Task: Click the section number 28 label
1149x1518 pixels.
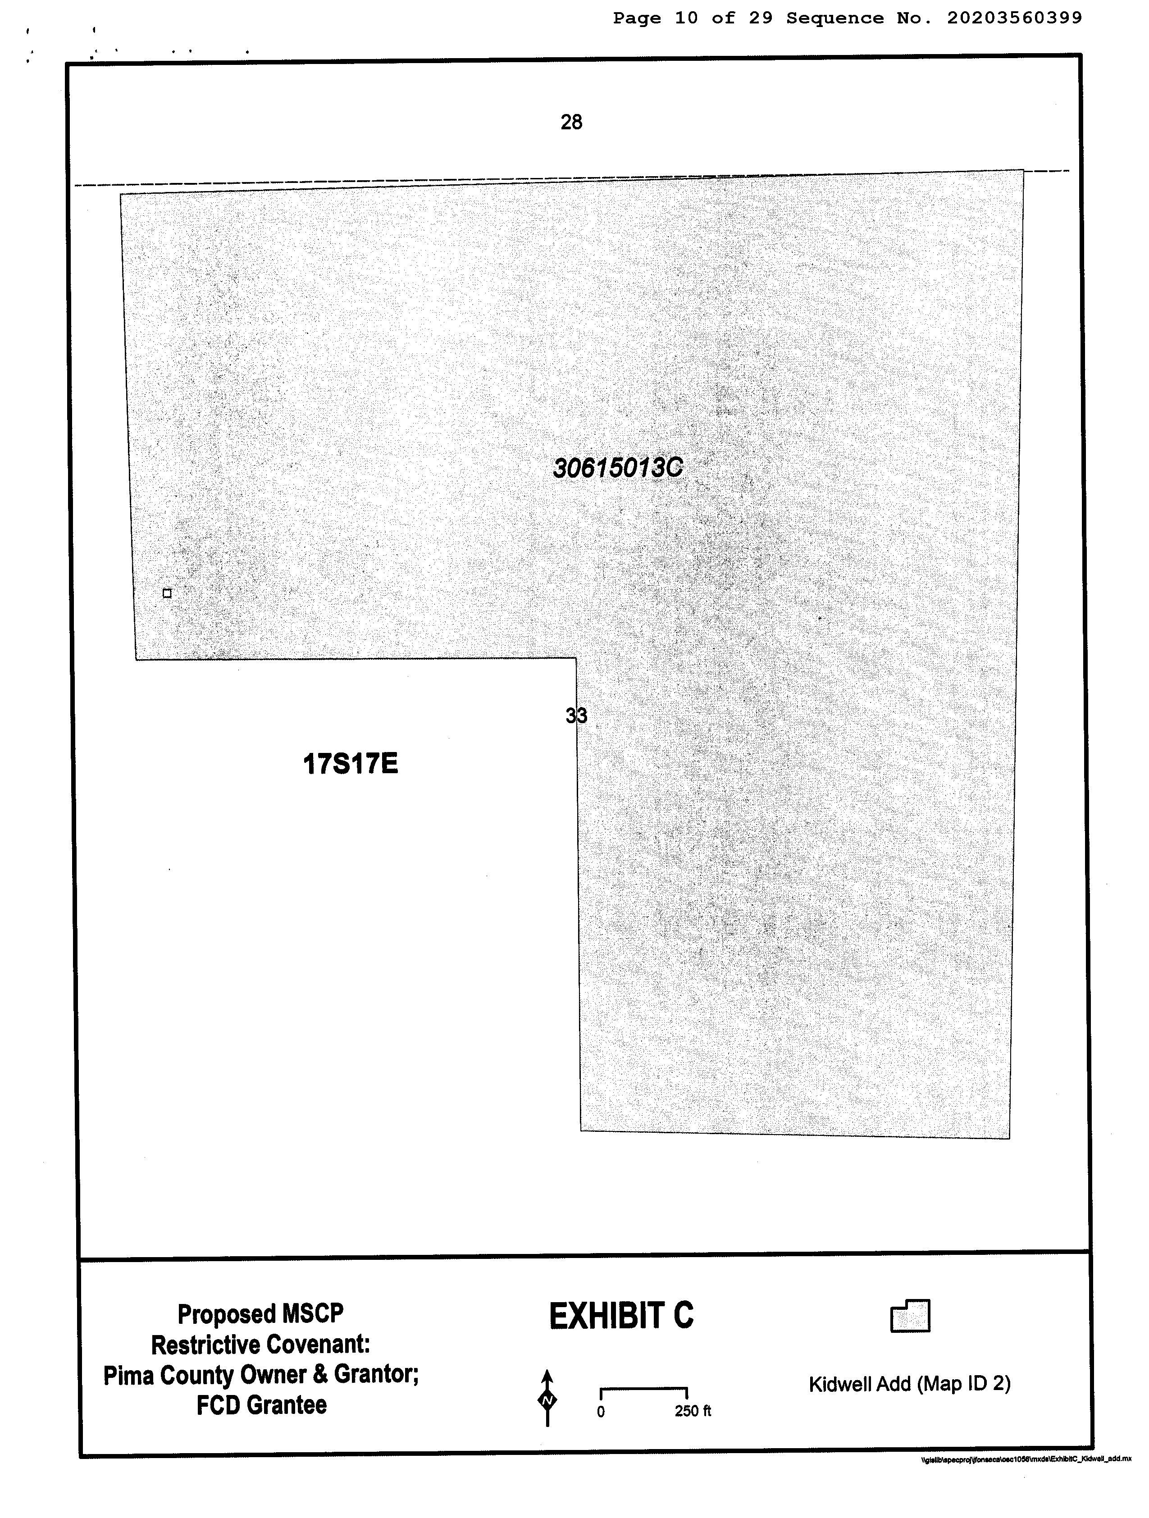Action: tap(571, 122)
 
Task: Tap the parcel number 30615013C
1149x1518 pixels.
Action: tap(618, 468)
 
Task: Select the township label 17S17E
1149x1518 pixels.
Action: tap(350, 763)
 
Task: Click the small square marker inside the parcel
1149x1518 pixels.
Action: tap(167, 593)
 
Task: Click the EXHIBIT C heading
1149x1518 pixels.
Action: tap(621, 1316)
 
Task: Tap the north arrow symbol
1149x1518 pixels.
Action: tap(547, 1399)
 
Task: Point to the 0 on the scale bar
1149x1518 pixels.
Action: tap(601, 1412)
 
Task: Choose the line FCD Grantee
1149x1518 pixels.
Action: tap(261, 1405)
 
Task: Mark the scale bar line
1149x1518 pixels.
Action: tap(644, 1390)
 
